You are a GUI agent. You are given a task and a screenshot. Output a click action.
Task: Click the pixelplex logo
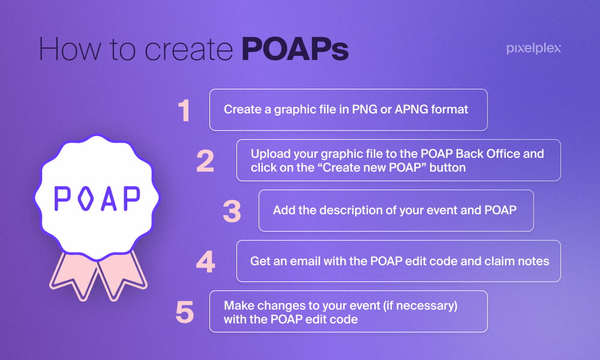click(x=533, y=49)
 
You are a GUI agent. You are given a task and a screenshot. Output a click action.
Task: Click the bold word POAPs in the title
click(x=295, y=49)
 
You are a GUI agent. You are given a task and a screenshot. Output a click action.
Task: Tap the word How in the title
click(x=70, y=49)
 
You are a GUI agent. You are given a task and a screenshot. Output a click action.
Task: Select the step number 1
click(x=184, y=110)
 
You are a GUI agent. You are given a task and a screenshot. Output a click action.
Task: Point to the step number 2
click(x=205, y=161)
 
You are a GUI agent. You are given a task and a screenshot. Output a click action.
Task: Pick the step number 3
click(x=232, y=211)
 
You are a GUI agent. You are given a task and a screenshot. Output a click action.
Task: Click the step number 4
click(x=205, y=262)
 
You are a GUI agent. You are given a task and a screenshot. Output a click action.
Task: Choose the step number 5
click(x=184, y=312)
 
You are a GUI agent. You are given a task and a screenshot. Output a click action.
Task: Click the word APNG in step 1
click(x=411, y=109)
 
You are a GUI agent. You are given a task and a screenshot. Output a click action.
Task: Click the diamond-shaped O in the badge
click(x=85, y=198)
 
